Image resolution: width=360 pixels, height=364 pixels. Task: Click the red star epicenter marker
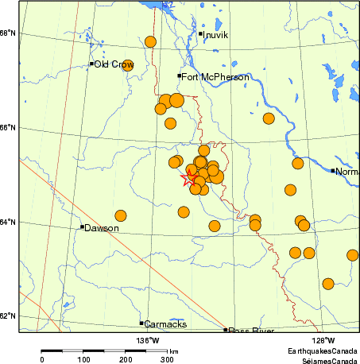point(190,179)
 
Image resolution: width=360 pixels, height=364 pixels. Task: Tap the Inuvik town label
point(216,35)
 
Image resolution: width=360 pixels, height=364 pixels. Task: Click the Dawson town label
point(103,228)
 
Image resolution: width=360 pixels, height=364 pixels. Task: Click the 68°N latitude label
point(8,33)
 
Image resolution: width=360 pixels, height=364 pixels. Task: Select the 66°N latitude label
point(8,128)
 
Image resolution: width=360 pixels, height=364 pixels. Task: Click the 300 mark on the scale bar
point(167,360)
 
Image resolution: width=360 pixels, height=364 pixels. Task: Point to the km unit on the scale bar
point(173,350)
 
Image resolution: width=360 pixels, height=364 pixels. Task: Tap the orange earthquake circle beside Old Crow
point(127,65)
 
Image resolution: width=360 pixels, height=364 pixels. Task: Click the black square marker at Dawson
point(82,227)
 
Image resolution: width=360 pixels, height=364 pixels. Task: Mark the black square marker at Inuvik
point(200,34)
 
